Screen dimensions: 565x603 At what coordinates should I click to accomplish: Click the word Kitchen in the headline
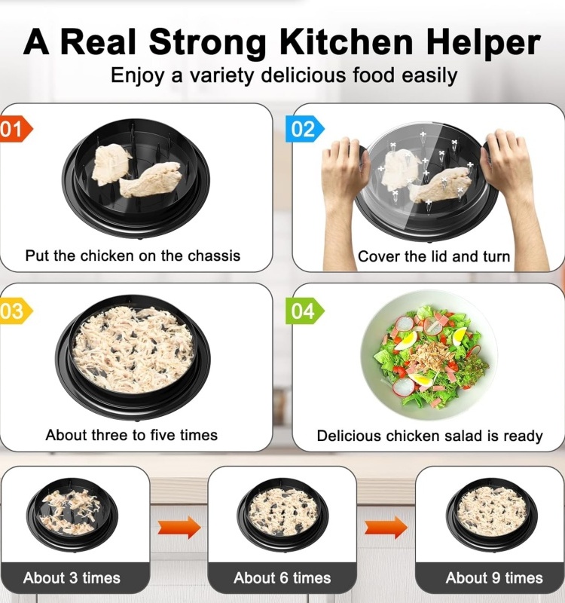346,41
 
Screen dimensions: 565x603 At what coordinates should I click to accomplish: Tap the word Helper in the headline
483,43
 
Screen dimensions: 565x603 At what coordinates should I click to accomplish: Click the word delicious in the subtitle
304,75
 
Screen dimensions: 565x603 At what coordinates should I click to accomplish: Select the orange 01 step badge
15,129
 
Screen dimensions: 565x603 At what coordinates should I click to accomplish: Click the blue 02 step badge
305,129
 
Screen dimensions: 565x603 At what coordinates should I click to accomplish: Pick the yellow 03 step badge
15,311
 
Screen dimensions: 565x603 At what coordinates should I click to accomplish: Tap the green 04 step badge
305,311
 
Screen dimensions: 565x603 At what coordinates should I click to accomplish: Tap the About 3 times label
72,578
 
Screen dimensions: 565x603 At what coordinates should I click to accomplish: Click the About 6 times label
282,578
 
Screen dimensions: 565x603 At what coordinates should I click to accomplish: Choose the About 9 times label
494,578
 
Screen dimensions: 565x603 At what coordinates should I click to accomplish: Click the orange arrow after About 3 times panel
179,527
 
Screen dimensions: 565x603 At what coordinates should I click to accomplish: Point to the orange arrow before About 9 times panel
386,527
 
